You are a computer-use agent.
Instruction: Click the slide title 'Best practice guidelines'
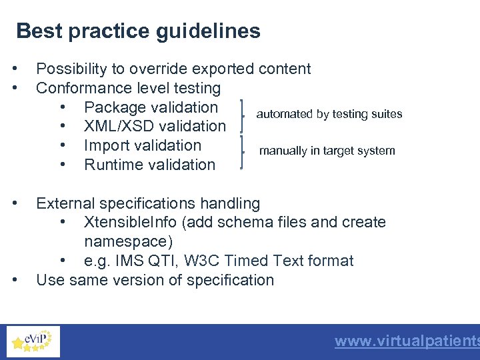point(138,31)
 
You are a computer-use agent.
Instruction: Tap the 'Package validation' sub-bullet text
point(151,107)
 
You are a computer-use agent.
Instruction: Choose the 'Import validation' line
point(143,145)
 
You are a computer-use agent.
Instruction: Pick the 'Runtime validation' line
point(150,165)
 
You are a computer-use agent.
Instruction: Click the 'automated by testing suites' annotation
point(329,114)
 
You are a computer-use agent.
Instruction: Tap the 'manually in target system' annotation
point(327,151)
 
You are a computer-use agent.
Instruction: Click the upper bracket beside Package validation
point(242,117)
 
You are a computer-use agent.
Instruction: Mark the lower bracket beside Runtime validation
point(242,155)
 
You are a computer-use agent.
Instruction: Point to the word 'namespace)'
point(125,241)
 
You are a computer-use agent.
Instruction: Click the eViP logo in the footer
point(33,341)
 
